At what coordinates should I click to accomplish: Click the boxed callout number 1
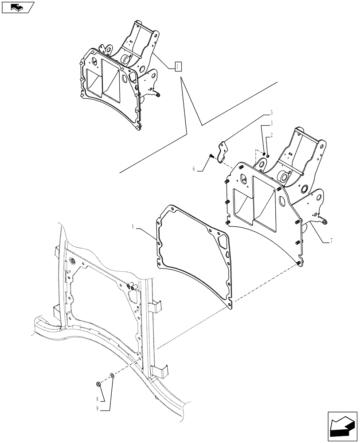point(177,66)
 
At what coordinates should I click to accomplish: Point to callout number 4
point(133,227)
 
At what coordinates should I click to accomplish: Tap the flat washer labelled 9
point(111,376)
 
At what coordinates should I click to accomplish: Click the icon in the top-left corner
point(18,7)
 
